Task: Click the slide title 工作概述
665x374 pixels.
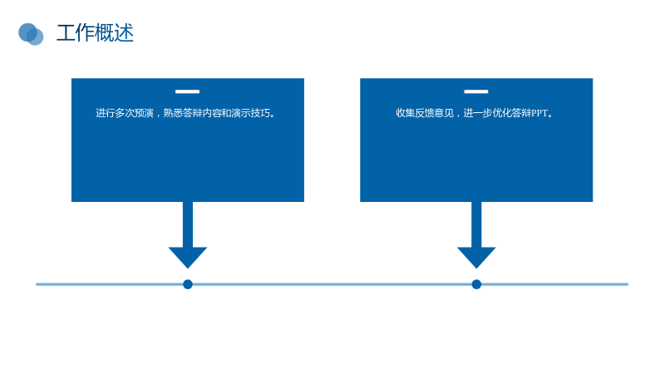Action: [x=95, y=33]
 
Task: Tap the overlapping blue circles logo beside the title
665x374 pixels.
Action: [x=31, y=34]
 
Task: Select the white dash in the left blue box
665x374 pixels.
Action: [x=188, y=91]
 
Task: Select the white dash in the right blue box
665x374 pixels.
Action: [x=475, y=91]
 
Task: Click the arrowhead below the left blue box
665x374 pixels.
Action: [x=188, y=257]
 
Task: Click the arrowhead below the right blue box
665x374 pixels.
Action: [x=476, y=257]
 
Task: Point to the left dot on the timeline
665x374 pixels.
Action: [x=188, y=284]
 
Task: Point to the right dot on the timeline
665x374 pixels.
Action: [x=476, y=284]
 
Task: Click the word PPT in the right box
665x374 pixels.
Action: [x=539, y=113]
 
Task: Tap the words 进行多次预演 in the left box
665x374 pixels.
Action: [x=124, y=113]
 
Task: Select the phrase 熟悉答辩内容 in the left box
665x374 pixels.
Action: [x=192, y=113]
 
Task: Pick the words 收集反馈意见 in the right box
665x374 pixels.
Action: [x=425, y=113]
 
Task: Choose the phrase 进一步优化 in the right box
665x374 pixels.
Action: [x=487, y=113]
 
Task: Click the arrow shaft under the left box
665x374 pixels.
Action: [x=188, y=224]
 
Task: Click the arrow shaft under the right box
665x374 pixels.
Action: [x=476, y=224]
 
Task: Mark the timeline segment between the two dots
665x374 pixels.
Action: [x=332, y=284]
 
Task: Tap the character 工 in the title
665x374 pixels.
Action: [x=66, y=33]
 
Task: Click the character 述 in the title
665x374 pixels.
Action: [x=124, y=33]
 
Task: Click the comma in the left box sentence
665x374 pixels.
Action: [x=158, y=116]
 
